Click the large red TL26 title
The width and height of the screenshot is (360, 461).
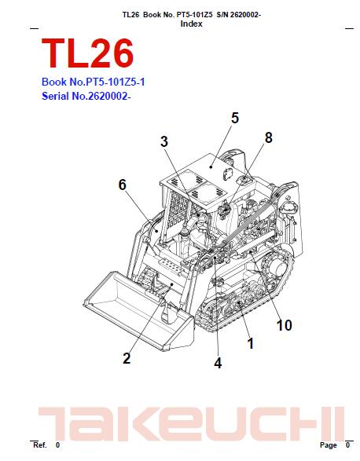tap(87, 53)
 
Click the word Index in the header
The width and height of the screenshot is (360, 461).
tap(191, 24)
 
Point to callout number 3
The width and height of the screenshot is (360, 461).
tap(163, 142)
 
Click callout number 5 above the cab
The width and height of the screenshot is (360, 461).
tap(234, 119)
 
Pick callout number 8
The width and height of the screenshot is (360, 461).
tap(268, 137)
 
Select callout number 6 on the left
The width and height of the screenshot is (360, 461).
tap(122, 185)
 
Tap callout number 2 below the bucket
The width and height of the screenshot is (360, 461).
tap(126, 360)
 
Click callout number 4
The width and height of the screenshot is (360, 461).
tap(217, 362)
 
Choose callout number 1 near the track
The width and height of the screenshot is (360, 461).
tap(250, 342)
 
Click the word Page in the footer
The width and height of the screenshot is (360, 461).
tap(328, 445)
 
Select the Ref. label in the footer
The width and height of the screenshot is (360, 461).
tap(39, 445)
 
